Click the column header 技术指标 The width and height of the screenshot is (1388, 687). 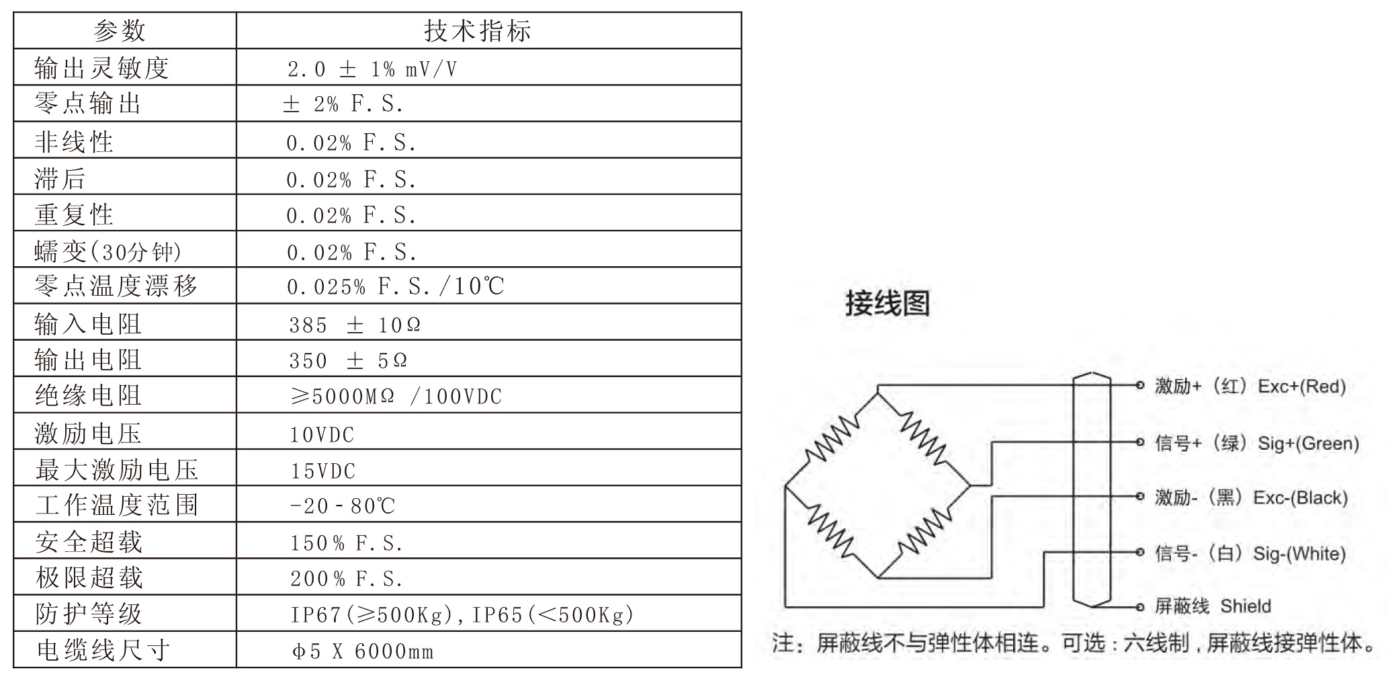tap(478, 31)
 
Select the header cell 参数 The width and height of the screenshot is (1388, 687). tap(120, 31)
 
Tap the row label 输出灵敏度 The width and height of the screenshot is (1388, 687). tap(101, 68)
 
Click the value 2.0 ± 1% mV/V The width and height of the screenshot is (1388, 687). tap(372, 69)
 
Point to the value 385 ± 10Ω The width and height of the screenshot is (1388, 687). tap(355, 325)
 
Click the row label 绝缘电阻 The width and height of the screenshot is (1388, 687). tap(88, 396)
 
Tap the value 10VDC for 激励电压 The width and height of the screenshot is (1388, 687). tap(322, 435)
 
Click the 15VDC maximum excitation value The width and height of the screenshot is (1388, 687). tap(322, 471)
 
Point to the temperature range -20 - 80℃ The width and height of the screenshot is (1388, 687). tap(343, 506)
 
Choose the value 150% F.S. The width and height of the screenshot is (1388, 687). tap(347, 543)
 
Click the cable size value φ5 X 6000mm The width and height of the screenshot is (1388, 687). tap(363, 651)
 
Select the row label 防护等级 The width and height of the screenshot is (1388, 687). tap(89, 614)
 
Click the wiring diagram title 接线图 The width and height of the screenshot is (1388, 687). tap(887, 303)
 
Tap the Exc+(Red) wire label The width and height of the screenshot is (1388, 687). tap(1301, 387)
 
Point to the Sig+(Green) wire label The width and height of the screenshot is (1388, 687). tap(1308, 443)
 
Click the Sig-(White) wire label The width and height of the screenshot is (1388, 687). tap(1299, 554)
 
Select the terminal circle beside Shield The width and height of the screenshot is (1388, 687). tap(1139, 607)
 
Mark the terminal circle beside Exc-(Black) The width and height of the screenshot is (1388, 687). tap(1139, 497)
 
